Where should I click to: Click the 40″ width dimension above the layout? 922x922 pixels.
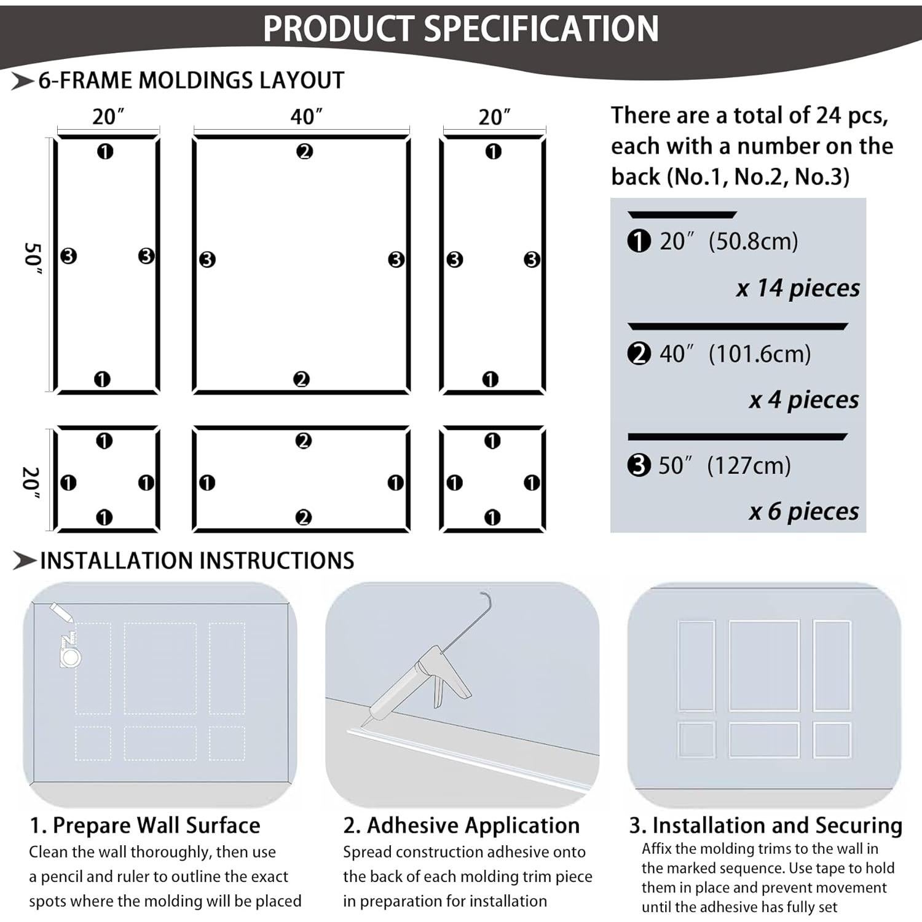(x=306, y=116)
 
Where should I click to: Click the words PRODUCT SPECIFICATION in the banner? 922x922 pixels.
(x=460, y=28)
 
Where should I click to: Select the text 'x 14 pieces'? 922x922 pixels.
(x=797, y=288)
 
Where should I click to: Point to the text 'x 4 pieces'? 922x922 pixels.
(x=803, y=400)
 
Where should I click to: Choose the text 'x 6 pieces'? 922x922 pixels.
(x=803, y=511)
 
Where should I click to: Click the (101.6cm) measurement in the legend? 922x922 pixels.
(x=759, y=353)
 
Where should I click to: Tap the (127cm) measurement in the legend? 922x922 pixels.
(x=749, y=465)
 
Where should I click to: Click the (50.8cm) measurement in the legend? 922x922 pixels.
(x=753, y=241)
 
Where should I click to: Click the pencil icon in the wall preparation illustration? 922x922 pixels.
(x=61, y=612)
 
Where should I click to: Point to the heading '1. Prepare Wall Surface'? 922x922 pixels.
(x=145, y=825)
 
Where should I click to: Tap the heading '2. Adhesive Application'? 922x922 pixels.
(x=461, y=825)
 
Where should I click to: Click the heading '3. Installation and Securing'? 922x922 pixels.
(x=765, y=825)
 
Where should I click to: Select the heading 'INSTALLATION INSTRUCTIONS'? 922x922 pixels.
(x=197, y=561)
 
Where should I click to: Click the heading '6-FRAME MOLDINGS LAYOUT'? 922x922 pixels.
(x=191, y=81)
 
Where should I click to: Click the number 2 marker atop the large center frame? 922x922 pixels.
(x=304, y=151)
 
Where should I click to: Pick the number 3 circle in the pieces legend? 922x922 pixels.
(x=639, y=465)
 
